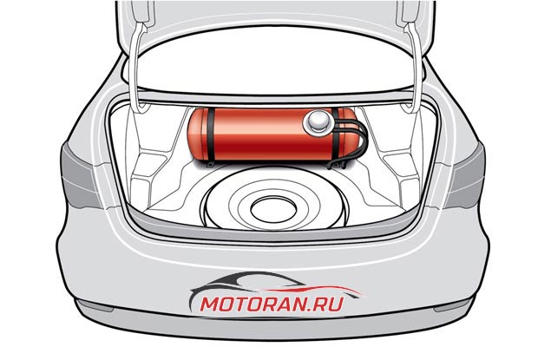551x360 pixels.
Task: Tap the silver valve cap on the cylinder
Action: click(x=319, y=121)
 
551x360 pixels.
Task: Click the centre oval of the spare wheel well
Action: click(x=273, y=209)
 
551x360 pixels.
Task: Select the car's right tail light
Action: click(x=467, y=174)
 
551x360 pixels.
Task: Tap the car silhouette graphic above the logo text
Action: click(x=274, y=286)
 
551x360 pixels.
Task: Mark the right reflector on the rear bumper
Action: click(x=453, y=304)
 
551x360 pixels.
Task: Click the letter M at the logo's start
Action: click(x=211, y=304)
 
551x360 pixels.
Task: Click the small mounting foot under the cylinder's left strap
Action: click(x=211, y=164)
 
